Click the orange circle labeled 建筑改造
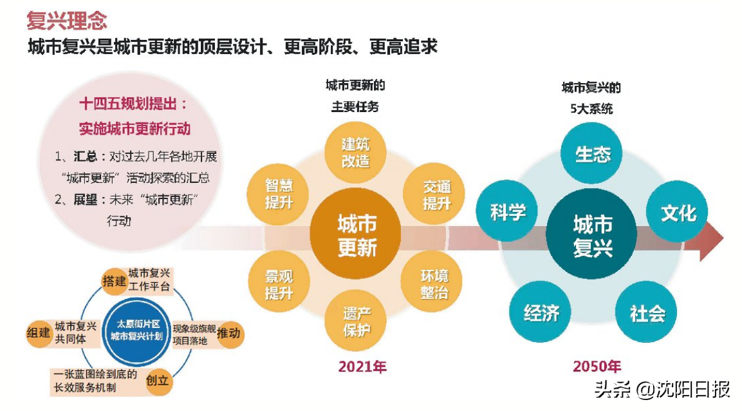(355, 151)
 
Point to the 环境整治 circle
(434, 284)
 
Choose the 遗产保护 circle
(356, 323)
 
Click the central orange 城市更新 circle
(357, 236)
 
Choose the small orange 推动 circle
(229, 333)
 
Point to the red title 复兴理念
(67, 20)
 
